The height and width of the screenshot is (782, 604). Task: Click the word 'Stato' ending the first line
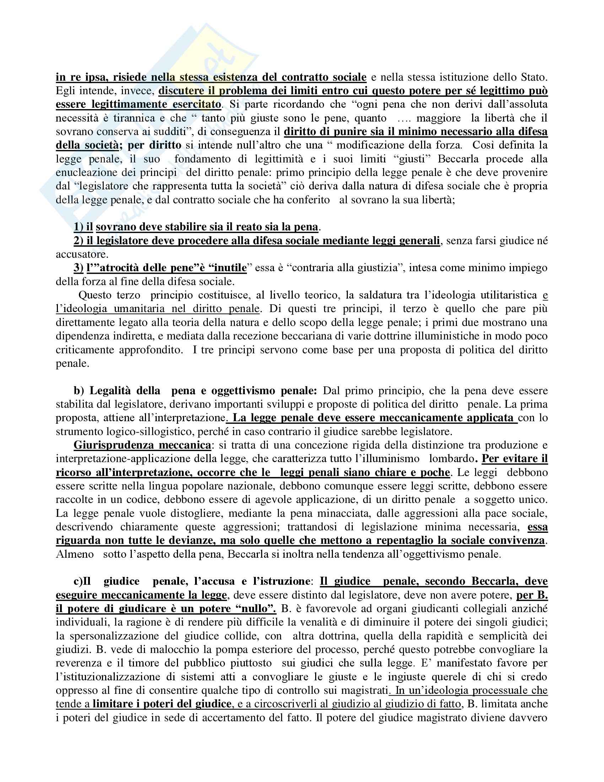coord(534,77)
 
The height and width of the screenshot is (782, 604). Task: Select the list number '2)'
coord(79,241)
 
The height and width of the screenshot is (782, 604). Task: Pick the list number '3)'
coord(79,268)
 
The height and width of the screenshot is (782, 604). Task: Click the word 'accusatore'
coord(81,254)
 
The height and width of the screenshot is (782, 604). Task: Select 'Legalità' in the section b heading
coord(107,391)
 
